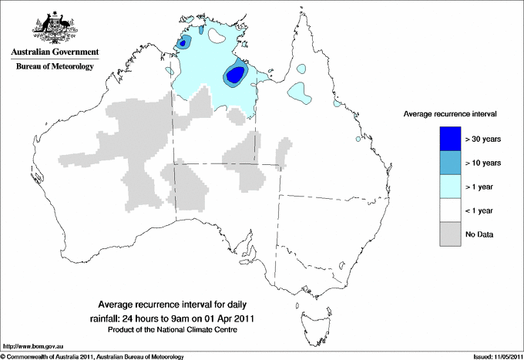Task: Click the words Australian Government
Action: [x=55, y=52]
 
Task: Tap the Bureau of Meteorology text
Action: [x=55, y=67]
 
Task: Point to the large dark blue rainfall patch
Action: [x=235, y=75]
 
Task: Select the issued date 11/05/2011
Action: [x=504, y=356]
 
